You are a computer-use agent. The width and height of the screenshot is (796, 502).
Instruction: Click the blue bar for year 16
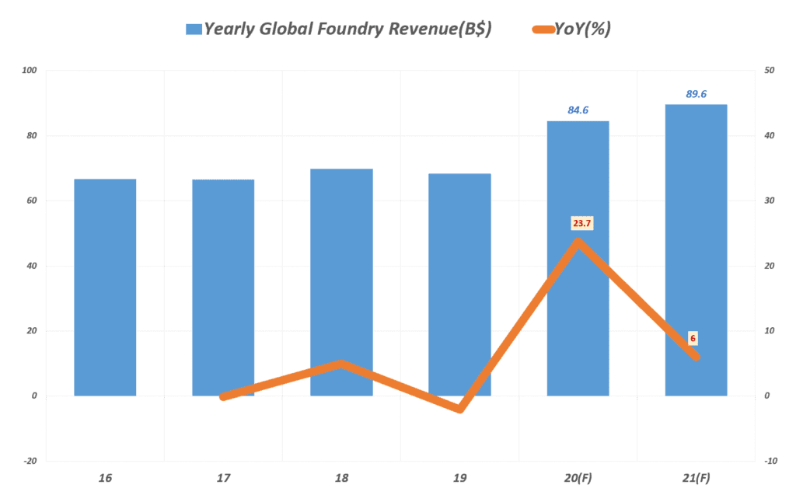[x=105, y=288]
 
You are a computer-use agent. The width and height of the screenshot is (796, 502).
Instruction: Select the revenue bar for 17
[x=223, y=288]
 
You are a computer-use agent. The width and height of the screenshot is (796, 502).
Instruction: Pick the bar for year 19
[x=459, y=284]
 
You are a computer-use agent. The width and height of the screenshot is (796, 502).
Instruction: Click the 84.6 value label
[x=578, y=110]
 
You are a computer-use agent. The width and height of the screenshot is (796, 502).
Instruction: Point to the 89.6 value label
[x=696, y=94]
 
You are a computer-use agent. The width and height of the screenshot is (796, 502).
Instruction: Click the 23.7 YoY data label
[x=581, y=224]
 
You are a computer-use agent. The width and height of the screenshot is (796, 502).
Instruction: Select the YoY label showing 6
[x=693, y=339]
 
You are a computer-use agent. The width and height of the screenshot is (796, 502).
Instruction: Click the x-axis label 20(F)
[x=578, y=478]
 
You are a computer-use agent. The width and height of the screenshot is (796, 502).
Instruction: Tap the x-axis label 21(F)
[x=696, y=478]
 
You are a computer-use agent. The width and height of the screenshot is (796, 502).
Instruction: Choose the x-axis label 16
[x=105, y=478]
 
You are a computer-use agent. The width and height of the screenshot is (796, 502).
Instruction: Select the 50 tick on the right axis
[x=769, y=71]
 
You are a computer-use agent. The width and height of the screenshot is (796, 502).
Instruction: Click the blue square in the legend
[x=194, y=30]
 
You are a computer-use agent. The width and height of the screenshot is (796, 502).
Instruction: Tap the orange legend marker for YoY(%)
[x=541, y=30]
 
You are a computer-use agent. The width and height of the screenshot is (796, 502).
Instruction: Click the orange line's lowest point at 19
[x=460, y=409]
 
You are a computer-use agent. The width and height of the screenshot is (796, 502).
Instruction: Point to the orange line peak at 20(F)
[x=578, y=242]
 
